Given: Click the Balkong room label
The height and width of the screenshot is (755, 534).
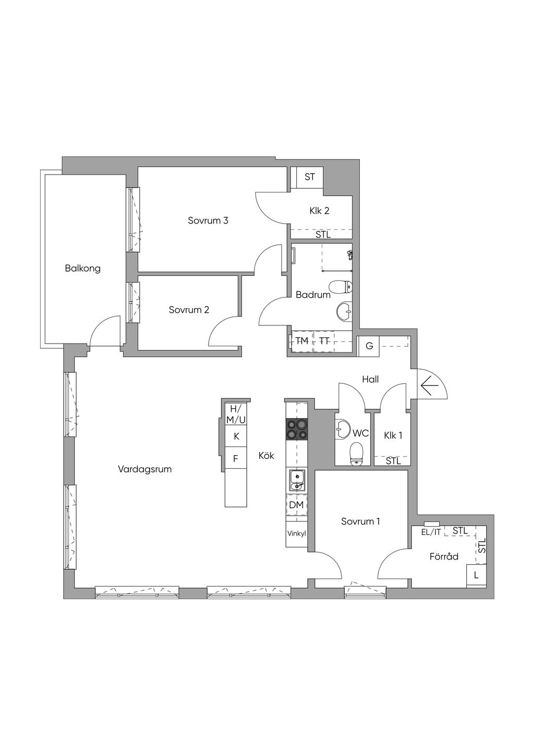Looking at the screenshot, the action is tap(82, 269).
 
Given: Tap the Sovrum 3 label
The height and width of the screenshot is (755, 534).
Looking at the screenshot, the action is tap(208, 221).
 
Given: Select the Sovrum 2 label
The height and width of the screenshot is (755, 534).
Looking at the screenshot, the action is tap(189, 310).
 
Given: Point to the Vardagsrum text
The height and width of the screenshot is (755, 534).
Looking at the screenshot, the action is tap(144, 469).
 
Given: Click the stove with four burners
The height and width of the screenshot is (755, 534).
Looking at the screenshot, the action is tap(297, 429).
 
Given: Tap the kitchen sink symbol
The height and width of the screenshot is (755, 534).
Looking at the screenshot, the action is tap(297, 480).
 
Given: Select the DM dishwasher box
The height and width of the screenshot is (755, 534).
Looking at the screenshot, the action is tap(297, 505).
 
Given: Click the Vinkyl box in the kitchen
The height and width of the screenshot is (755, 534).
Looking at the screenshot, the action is tap(297, 534).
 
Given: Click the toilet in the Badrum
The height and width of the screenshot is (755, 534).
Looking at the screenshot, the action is tap(341, 287).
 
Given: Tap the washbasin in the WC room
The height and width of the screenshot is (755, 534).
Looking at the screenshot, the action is tap(343, 430).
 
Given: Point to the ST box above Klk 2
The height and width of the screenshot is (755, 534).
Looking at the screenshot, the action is tap(309, 177).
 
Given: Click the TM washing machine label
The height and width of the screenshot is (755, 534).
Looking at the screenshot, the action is tap(302, 341).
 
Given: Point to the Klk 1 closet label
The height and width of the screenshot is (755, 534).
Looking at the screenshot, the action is tap(393, 435).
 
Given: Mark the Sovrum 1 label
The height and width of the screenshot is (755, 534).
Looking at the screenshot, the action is tap(360, 521).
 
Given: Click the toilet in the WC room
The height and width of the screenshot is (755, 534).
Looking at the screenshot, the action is tap(356, 454).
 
